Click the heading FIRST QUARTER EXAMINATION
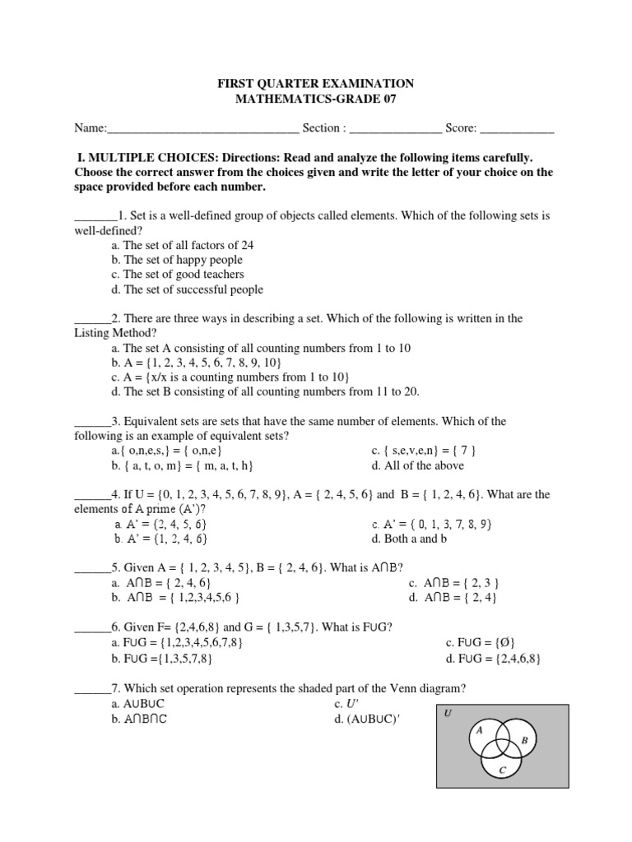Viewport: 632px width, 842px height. pyautogui.click(x=315, y=84)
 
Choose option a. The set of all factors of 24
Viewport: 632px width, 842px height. pyautogui.click(x=182, y=245)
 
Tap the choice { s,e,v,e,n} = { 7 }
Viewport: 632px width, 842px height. pyautogui.click(x=424, y=451)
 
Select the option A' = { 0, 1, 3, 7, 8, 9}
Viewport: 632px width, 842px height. pyautogui.click(x=432, y=524)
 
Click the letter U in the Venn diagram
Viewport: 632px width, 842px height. pyautogui.click(x=448, y=713)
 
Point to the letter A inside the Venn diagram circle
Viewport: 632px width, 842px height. pyautogui.click(x=478, y=729)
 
